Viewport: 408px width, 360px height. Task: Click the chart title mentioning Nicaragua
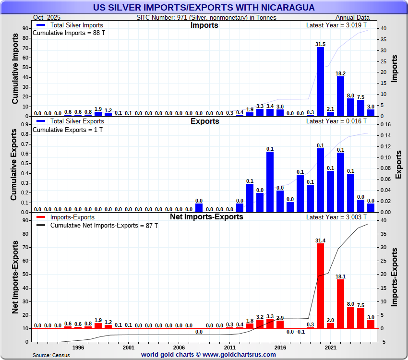tap(204, 8)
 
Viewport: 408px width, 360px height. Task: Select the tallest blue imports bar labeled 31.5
tap(320, 82)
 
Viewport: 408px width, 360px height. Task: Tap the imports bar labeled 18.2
tap(340, 96)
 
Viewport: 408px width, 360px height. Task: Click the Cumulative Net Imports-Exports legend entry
tap(104, 225)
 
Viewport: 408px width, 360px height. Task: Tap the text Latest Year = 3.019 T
tap(336, 25)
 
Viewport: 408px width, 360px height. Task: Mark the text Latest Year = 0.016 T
tap(336, 121)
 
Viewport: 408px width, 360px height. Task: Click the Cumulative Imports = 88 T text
tap(69, 33)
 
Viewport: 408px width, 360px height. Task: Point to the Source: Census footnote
tap(51, 355)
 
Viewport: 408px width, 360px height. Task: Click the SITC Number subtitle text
tap(206, 17)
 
